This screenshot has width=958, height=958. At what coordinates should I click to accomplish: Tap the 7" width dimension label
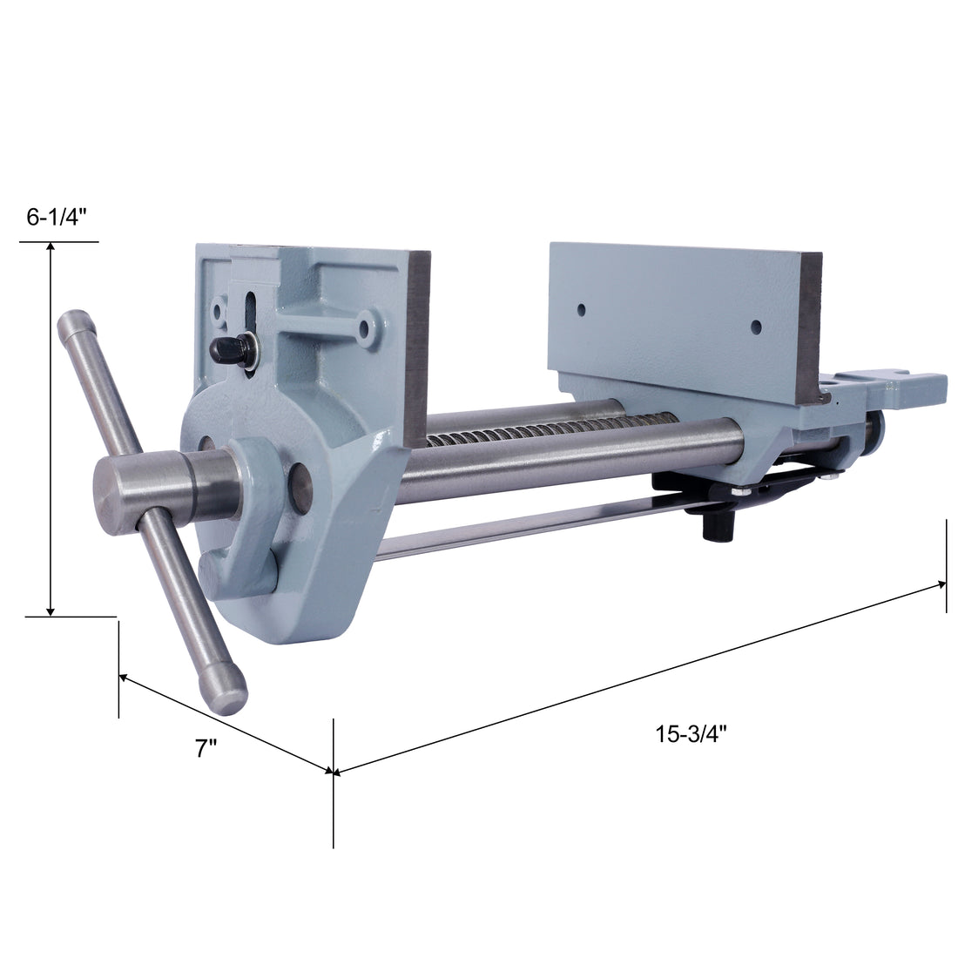pos(206,747)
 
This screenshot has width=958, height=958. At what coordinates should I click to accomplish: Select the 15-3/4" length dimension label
pos(692,733)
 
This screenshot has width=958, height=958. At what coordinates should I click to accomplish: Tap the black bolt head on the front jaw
pos(223,351)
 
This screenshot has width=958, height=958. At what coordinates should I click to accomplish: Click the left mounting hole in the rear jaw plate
pos(580,308)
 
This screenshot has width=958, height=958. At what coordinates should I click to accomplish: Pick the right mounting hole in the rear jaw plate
pos(756,327)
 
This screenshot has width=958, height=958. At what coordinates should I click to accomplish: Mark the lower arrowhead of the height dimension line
pos(51,609)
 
